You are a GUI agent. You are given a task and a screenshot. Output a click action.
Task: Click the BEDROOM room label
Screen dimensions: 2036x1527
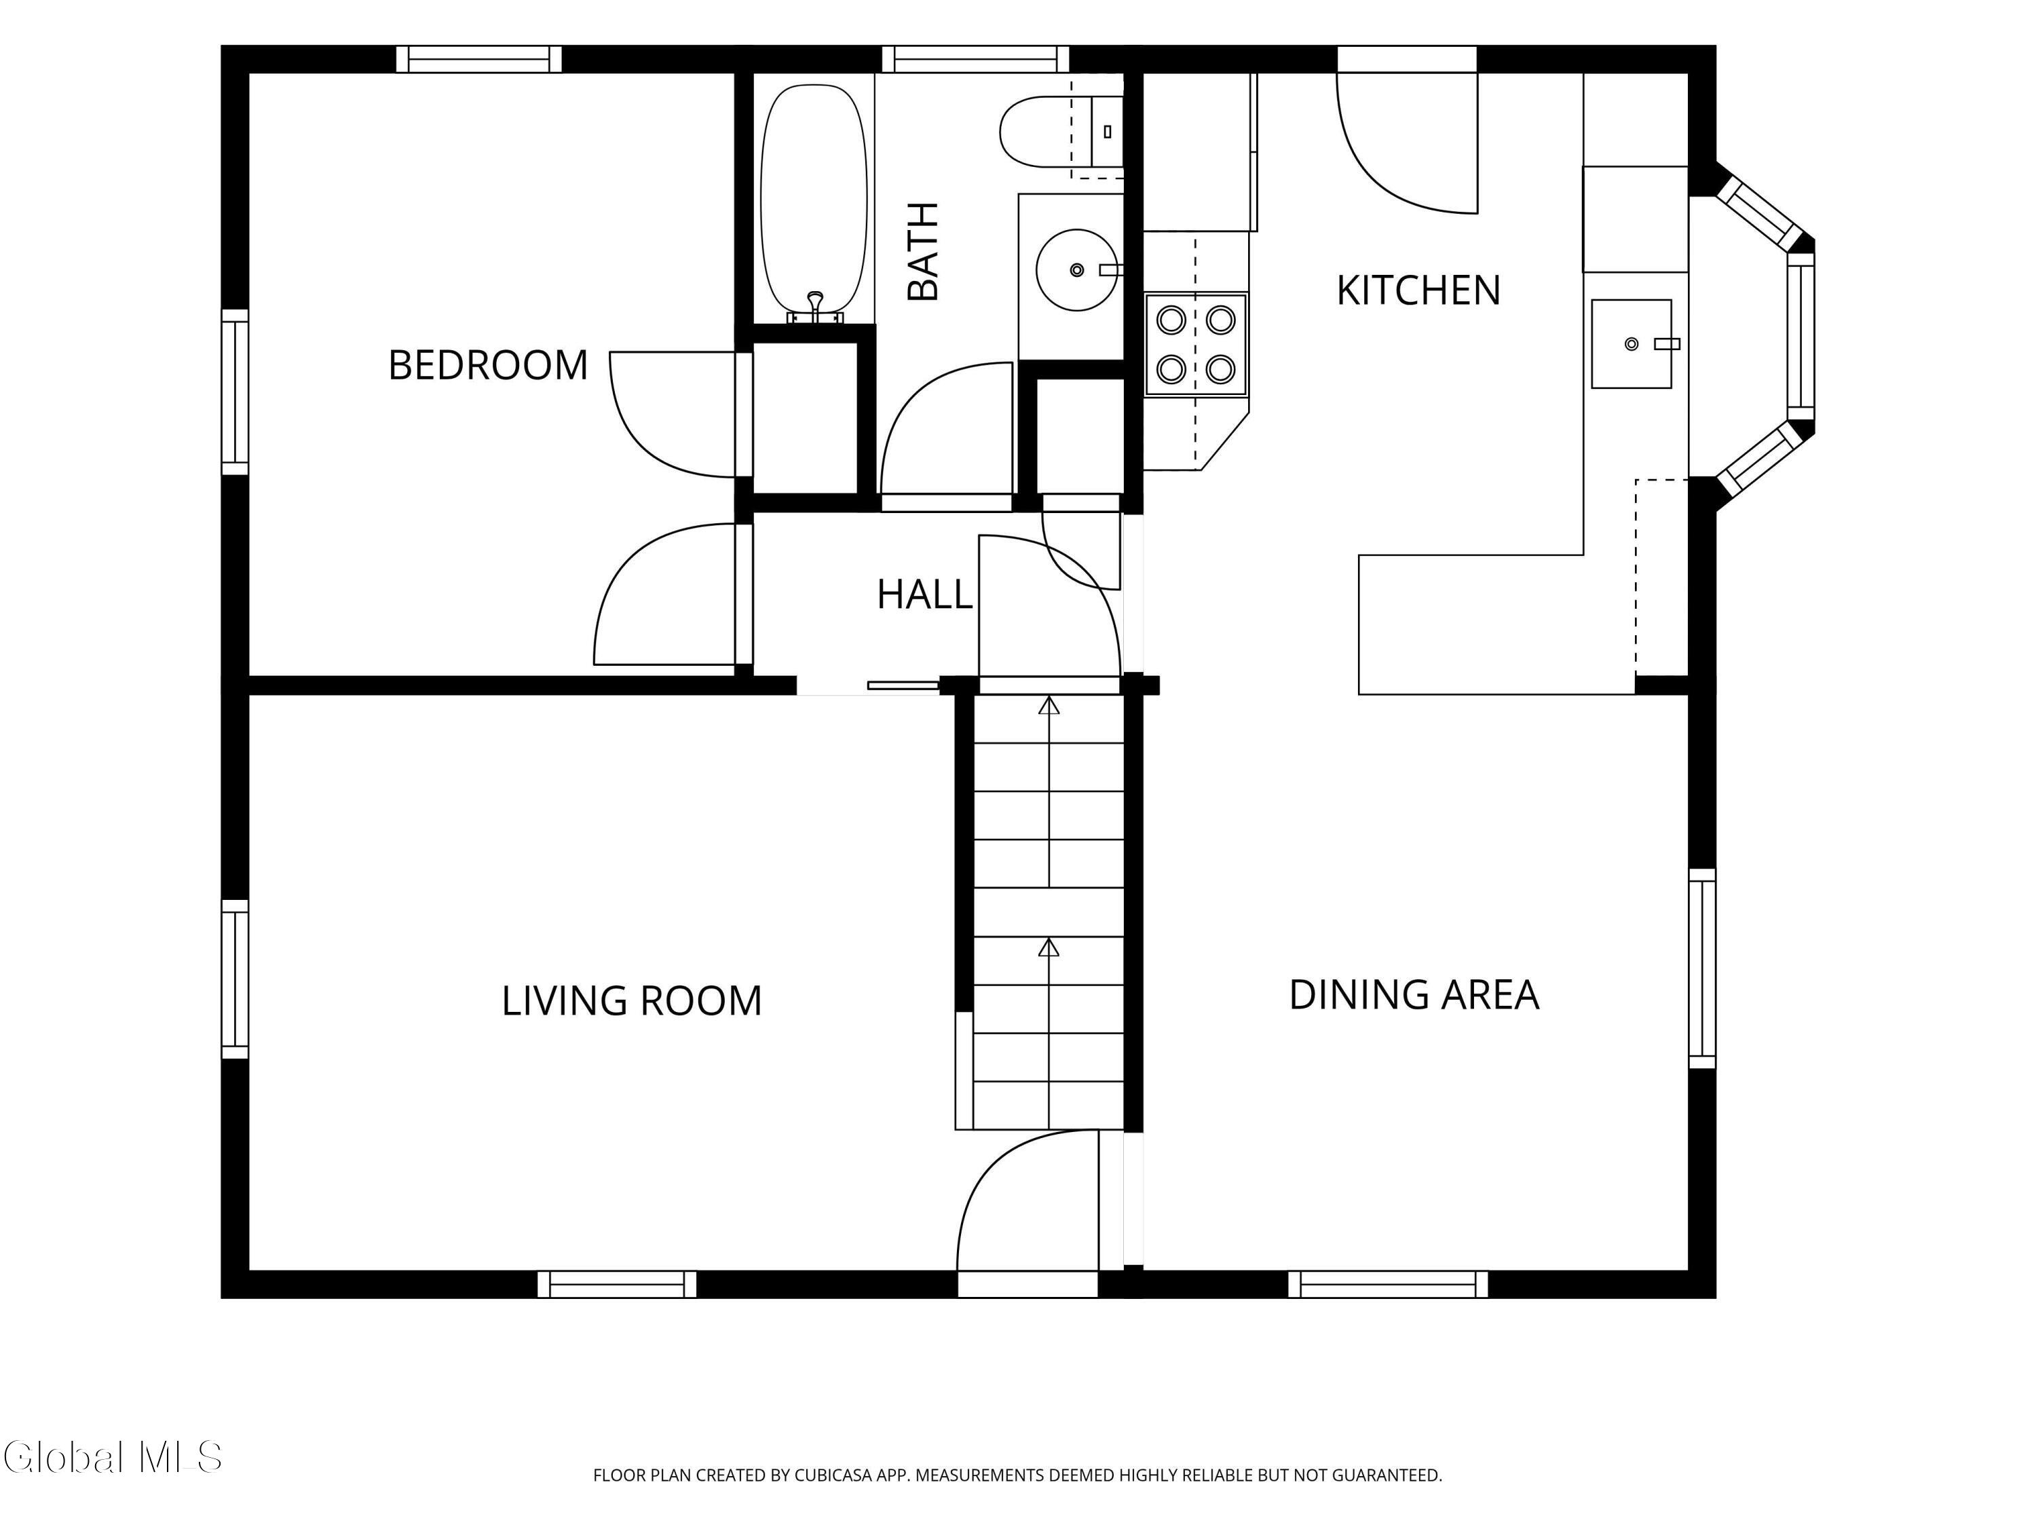[488, 365]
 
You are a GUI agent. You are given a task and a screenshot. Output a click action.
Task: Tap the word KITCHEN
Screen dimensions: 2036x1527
[1418, 291]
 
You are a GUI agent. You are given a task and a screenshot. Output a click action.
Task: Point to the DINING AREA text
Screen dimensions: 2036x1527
[1414, 995]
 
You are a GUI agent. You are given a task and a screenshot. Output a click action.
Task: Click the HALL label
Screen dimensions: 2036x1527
[924, 595]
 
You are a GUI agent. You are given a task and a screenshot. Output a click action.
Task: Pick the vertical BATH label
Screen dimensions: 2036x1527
[923, 251]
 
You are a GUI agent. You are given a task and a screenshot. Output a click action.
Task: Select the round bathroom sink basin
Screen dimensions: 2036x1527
[1077, 269]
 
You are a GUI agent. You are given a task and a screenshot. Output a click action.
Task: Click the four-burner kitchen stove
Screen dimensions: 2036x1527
[1196, 344]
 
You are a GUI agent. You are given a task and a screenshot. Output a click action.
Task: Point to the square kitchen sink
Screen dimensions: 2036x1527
[1632, 343]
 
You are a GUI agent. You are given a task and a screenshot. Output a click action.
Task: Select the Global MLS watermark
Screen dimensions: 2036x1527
[112, 1457]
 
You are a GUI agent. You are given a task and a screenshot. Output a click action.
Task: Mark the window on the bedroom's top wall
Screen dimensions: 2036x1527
[478, 59]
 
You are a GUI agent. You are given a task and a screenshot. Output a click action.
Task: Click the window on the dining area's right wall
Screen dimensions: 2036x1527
[1703, 968]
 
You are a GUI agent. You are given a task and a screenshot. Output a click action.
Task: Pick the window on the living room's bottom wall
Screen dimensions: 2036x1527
[617, 1284]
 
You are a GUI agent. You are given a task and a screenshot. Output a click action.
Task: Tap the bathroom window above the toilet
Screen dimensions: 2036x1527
[976, 59]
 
